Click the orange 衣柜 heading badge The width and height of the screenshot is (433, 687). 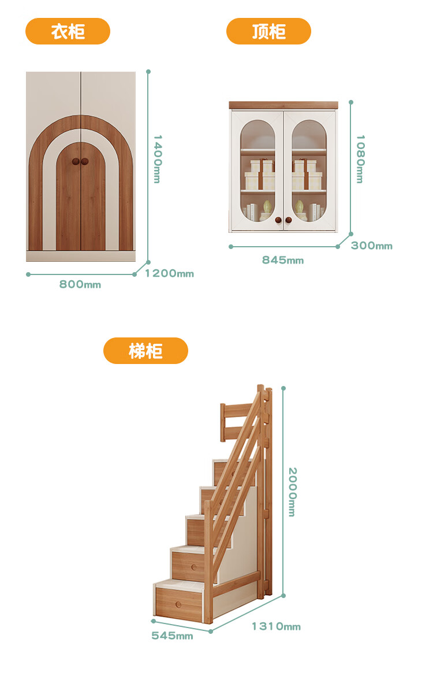click(68, 31)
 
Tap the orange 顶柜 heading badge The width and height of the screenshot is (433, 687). click(268, 31)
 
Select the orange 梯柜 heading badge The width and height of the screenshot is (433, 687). click(145, 351)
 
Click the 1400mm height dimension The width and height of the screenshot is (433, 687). click(156, 159)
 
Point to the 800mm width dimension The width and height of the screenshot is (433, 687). click(80, 284)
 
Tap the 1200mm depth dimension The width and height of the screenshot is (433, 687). click(169, 273)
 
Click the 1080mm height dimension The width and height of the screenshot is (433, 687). click(360, 159)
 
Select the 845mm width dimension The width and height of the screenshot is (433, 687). click(283, 260)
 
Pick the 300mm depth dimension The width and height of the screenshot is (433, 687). click(372, 246)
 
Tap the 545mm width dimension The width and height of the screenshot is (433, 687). click(172, 636)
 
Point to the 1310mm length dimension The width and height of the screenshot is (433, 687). click(276, 626)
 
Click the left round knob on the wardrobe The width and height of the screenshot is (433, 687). click(76, 162)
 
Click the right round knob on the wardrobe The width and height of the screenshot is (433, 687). click(85, 162)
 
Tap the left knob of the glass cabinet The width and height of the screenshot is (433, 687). click(278, 220)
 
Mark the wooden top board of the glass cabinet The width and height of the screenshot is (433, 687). click(283, 105)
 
